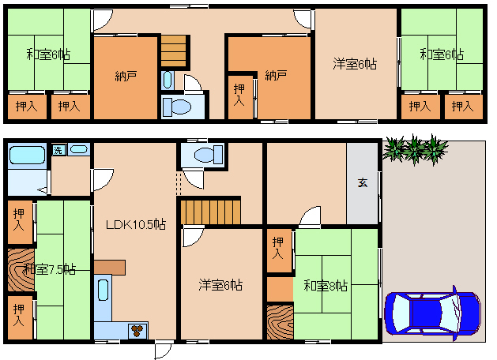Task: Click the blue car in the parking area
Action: click(x=433, y=313)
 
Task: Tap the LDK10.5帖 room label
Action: click(x=136, y=224)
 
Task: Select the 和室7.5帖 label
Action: click(x=50, y=269)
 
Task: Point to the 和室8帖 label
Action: click(x=326, y=285)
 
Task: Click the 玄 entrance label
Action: click(x=363, y=182)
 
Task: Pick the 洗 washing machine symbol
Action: click(x=58, y=150)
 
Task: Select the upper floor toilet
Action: click(x=177, y=107)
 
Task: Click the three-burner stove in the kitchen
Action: click(x=137, y=331)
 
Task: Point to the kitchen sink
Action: click(x=104, y=291)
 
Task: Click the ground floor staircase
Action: click(x=210, y=212)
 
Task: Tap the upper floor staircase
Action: click(x=173, y=51)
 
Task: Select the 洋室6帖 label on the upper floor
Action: click(x=355, y=64)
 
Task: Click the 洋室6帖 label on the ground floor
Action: click(x=220, y=285)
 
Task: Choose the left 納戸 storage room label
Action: click(x=126, y=76)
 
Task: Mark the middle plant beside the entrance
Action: click(x=414, y=149)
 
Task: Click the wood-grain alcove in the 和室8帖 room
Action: click(x=280, y=321)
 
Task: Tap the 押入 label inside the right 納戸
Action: click(x=239, y=95)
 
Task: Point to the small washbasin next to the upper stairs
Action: click(x=167, y=80)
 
